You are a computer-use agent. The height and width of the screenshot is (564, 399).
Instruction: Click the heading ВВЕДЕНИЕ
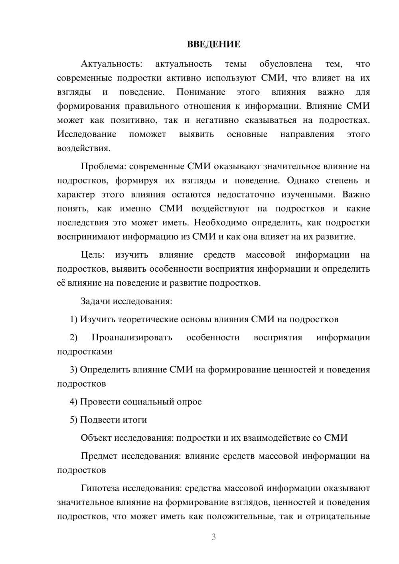(x=213, y=44)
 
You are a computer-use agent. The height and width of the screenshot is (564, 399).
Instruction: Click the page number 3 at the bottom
(x=213, y=537)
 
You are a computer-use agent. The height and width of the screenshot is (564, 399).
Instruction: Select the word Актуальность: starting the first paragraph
(x=111, y=64)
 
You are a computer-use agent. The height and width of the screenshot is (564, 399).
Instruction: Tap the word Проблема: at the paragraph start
(x=103, y=166)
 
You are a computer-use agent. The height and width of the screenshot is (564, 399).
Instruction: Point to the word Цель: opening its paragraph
(x=92, y=255)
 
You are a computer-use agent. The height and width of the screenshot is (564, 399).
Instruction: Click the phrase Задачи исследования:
(x=126, y=301)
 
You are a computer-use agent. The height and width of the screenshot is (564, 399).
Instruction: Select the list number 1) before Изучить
(x=73, y=319)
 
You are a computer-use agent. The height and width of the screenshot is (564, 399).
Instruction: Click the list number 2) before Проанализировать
(x=73, y=337)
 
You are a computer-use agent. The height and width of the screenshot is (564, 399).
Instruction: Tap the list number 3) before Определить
(x=73, y=369)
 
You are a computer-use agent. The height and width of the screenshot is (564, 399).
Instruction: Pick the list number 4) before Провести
(x=73, y=402)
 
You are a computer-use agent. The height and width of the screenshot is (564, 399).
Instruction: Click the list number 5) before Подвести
(x=73, y=420)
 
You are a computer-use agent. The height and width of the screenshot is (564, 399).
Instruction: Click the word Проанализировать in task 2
(x=132, y=337)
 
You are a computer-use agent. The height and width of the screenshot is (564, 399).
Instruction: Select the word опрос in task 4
(x=190, y=402)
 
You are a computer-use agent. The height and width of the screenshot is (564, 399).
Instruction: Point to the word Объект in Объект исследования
(x=96, y=438)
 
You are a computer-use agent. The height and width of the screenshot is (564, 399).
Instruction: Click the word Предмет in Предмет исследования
(x=99, y=456)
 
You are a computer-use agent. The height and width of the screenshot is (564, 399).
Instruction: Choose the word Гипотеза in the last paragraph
(x=100, y=488)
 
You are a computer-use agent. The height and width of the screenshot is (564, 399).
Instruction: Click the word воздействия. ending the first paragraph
(x=83, y=148)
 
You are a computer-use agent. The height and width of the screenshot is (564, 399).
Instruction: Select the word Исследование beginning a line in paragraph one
(x=87, y=134)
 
